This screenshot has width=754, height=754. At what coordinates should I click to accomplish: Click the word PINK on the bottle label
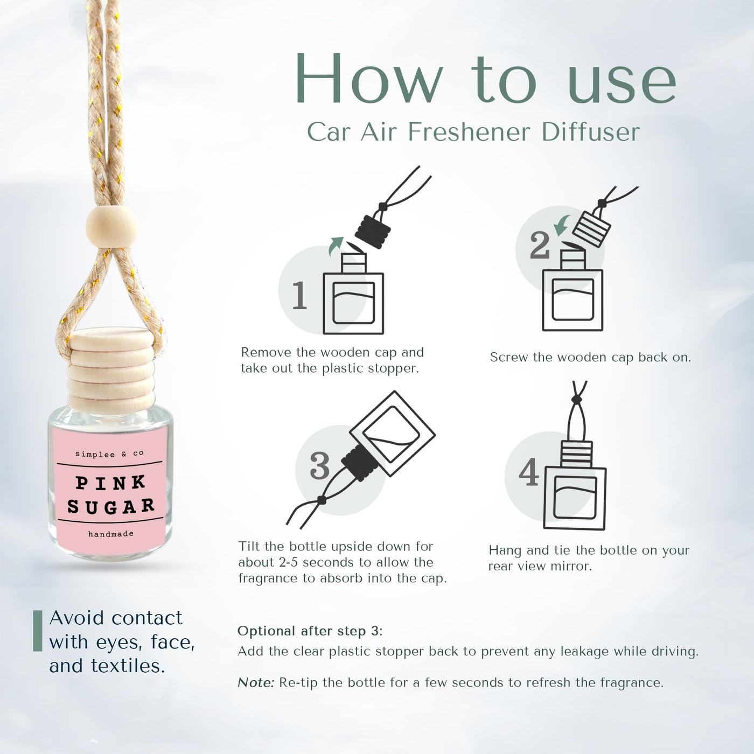coord(111,483)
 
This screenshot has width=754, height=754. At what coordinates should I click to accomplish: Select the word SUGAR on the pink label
coord(111,506)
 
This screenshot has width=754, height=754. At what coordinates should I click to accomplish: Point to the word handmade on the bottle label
coord(111,534)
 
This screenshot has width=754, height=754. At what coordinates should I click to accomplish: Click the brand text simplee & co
coord(109,454)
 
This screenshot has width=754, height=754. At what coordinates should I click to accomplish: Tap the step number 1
coord(300,295)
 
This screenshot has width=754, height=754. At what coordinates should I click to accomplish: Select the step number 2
coord(540,246)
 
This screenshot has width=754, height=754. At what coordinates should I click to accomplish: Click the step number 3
coord(320,466)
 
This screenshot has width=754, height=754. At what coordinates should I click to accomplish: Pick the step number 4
coord(529,471)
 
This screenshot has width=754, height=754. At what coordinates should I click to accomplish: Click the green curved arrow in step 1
coord(335,246)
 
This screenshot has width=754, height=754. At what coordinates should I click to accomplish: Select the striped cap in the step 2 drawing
coord(591,229)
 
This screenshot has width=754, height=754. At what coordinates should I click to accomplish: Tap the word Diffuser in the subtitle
coord(591,132)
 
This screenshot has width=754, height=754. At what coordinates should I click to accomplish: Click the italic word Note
coord(256,683)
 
